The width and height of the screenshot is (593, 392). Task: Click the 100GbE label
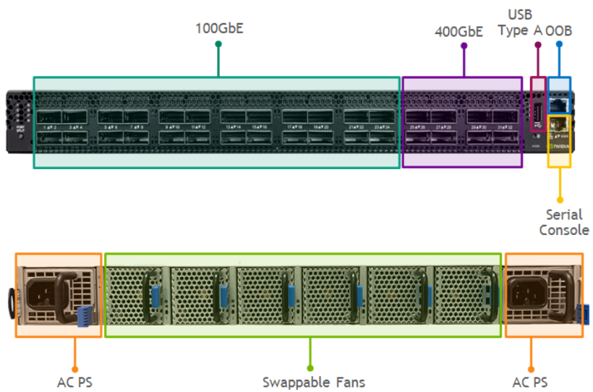218,29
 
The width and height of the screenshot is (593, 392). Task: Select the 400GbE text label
458,32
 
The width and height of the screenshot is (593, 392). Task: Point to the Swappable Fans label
313,382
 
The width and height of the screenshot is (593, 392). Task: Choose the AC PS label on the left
74,382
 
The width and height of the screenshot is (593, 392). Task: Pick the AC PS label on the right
531,382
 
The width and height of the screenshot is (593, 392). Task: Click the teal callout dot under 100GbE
218,45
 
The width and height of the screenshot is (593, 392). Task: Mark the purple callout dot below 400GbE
464,46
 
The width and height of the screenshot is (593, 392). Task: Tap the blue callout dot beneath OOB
559,45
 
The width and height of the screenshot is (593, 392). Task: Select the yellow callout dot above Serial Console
559,200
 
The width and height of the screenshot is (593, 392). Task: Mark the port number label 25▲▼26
417,127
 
